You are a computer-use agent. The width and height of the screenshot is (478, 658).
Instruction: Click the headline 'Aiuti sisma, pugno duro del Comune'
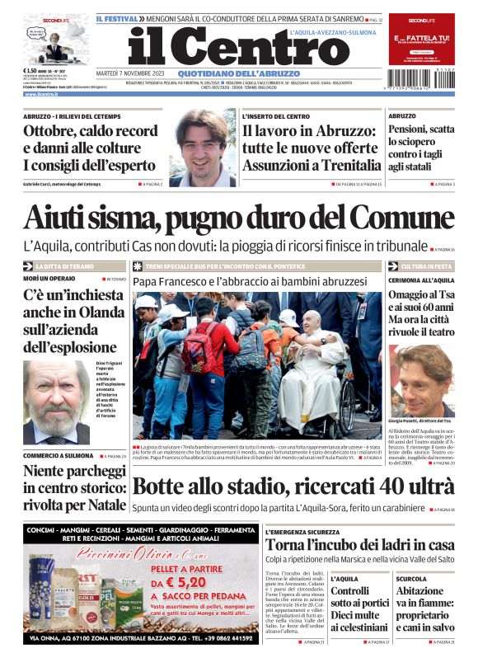(x=238, y=217)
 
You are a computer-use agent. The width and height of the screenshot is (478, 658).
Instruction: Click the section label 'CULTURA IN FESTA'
(x=426, y=267)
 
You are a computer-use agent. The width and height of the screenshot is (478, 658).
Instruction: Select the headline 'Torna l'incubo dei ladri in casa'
(x=359, y=545)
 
